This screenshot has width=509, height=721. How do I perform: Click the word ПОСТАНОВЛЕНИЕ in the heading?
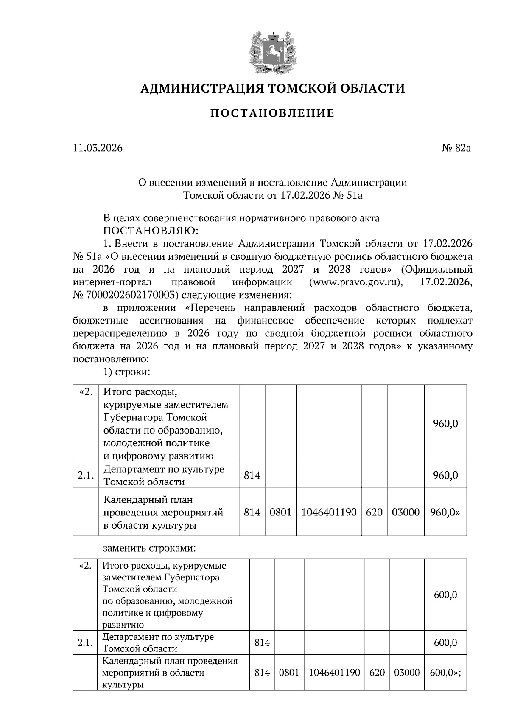tap(272, 113)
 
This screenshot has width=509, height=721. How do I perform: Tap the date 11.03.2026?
tap(98, 148)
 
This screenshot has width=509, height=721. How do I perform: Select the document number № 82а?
tap(456, 148)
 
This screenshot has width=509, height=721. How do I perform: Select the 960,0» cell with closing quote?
tap(445, 512)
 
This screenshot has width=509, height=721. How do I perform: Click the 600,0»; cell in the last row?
tap(445, 673)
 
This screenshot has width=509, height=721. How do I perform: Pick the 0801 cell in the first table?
tap(280, 512)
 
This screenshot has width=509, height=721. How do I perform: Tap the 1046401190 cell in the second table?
tap(334, 673)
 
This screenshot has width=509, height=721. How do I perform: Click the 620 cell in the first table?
tap(374, 512)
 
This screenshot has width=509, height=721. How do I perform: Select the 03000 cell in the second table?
tap(406, 673)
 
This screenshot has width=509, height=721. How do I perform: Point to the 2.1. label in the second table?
tap(85, 643)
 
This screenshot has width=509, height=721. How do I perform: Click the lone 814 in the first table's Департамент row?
tap(252, 475)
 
